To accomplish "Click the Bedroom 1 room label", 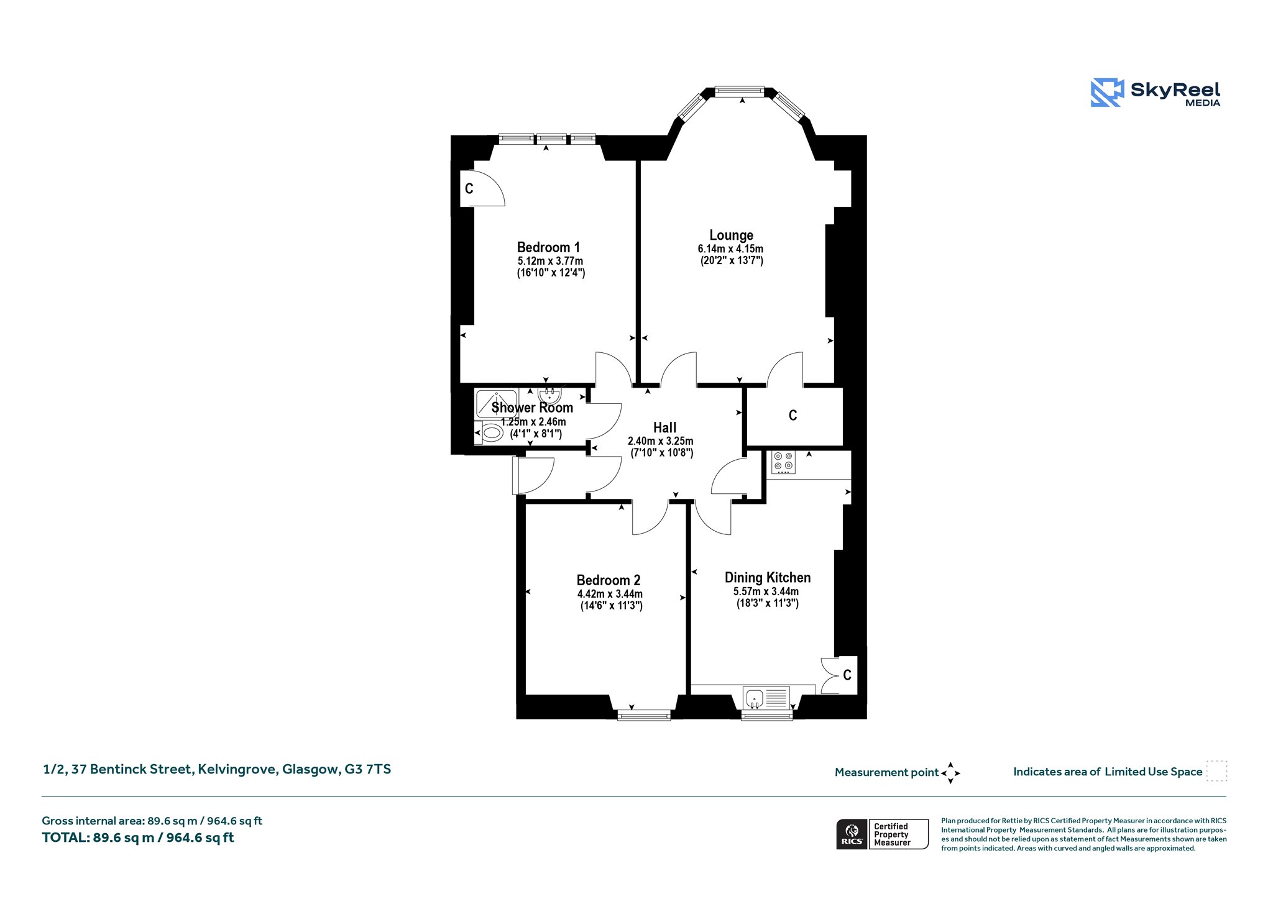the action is click(x=548, y=247).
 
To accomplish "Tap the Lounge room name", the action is click(x=731, y=235).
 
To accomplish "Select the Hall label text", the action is click(x=664, y=427).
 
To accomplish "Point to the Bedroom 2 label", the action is click(x=608, y=580).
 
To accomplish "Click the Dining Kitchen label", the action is click(x=767, y=578).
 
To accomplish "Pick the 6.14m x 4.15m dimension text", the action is click(x=730, y=249).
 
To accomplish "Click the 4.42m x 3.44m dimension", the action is click(x=610, y=594).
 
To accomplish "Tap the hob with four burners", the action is click(x=783, y=462).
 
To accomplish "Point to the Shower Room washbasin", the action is click(x=549, y=395).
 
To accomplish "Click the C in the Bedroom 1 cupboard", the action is click(x=469, y=188).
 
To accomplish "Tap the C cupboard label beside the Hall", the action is click(x=793, y=415).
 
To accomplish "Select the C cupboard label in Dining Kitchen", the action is click(x=847, y=675).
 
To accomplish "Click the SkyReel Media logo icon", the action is click(x=1107, y=93).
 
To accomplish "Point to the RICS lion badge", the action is click(x=852, y=834).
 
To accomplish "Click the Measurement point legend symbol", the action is click(x=950, y=773).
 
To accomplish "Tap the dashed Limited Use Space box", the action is click(x=1216, y=771).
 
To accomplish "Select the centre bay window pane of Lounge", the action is click(x=739, y=91).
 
